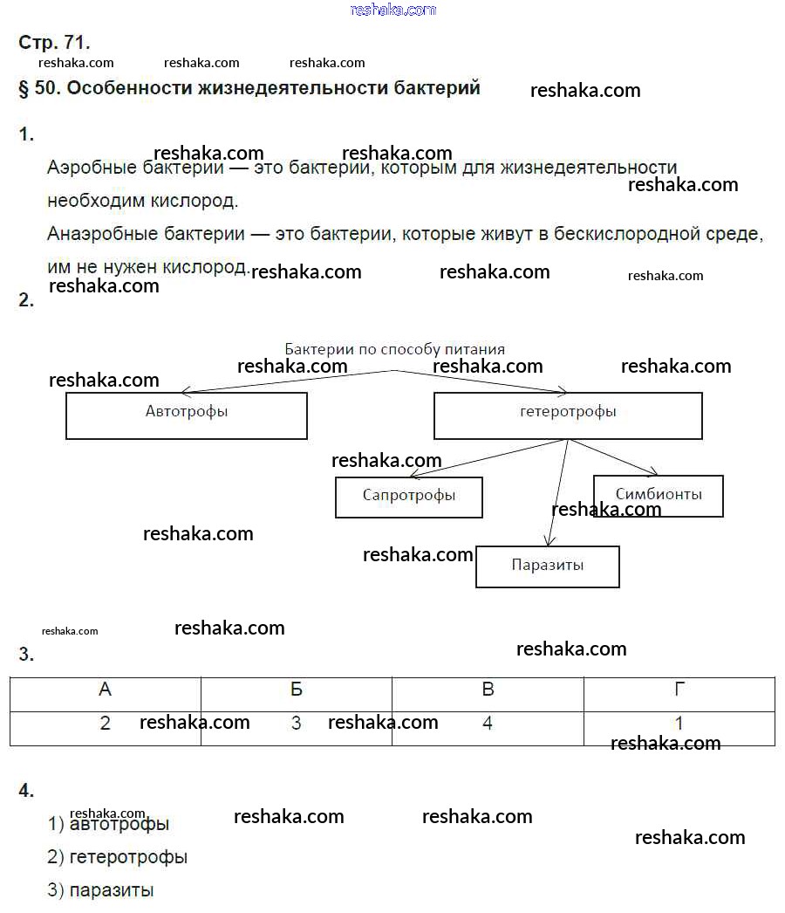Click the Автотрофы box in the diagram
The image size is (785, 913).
point(187,415)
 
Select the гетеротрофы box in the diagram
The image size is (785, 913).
point(568,415)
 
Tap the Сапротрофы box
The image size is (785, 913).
point(408,497)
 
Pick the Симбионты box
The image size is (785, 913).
point(658,495)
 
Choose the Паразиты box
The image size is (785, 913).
point(548,566)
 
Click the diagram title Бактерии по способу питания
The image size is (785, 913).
point(394,349)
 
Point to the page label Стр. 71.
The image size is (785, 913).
point(54,42)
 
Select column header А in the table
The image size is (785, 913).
point(106,690)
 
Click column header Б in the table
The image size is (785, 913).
point(297,690)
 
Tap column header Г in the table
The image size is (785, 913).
point(679,690)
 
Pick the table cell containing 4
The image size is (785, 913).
point(488,724)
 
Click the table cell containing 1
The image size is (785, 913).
point(679,724)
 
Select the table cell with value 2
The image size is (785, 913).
point(106,724)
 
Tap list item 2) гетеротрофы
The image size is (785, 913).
point(118,857)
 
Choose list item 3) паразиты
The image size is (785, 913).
point(101,890)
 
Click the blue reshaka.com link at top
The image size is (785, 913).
point(392,10)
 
